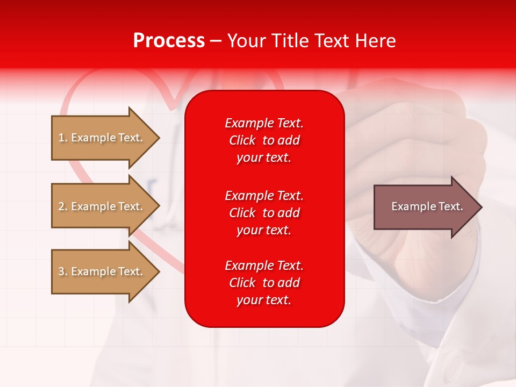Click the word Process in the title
pyautogui.click(x=169, y=41)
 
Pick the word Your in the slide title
pyautogui.click(x=248, y=41)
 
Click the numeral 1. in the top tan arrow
pyautogui.click(x=63, y=138)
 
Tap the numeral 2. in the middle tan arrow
pyautogui.click(x=63, y=206)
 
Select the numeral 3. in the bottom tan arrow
pyautogui.click(x=63, y=271)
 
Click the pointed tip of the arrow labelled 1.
pyautogui.click(x=159, y=138)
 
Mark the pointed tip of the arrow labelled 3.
pyautogui.click(x=159, y=271)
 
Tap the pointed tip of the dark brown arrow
pyautogui.click(x=481, y=207)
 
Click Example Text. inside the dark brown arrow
pyautogui.click(x=427, y=206)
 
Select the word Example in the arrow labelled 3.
pyautogui.click(x=92, y=271)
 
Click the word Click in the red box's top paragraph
pyautogui.click(x=242, y=141)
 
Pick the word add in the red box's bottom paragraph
pyautogui.click(x=290, y=283)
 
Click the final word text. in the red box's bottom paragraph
pyautogui.click(x=278, y=300)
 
